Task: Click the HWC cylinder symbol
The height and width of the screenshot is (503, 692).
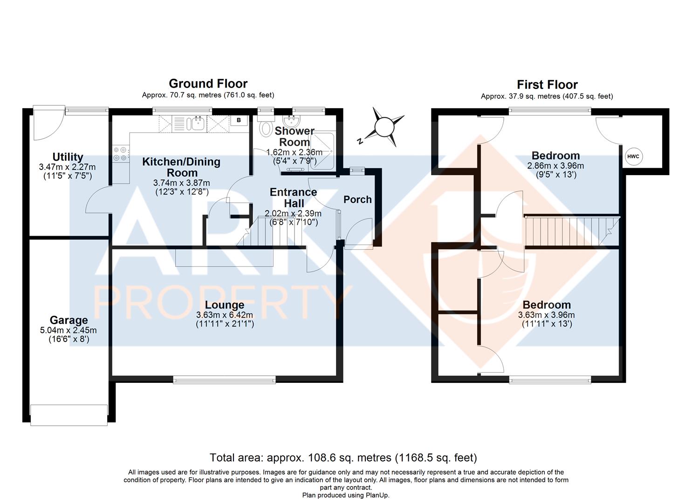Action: click(x=633, y=156)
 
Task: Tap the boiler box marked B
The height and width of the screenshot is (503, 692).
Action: click(x=239, y=121)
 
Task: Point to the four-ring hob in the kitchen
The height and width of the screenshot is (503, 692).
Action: click(x=121, y=154)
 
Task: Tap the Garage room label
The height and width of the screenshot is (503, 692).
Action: click(x=69, y=320)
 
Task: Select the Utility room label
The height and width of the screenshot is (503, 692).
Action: click(x=68, y=157)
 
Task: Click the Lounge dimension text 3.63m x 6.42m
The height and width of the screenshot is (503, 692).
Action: click(x=225, y=315)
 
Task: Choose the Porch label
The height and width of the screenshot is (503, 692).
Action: click(x=357, y=199)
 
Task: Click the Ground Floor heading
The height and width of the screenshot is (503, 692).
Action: click(x=208, y=84)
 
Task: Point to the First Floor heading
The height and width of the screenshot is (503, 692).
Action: click(x=547, y=85)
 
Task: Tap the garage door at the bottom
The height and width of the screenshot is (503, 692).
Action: click(x=69, y=415)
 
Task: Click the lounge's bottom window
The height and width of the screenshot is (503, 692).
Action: click(x=224, y=380)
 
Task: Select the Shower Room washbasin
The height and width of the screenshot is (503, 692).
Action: click(x=290, y=121)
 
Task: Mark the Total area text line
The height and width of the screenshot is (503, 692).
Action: click(x=343, y=457)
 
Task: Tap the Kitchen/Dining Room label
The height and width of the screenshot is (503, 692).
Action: click(x=181, y=167)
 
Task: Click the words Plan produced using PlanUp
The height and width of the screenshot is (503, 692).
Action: click(x=346, y=495)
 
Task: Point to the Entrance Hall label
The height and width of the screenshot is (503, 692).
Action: click(x=294, y=197)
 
